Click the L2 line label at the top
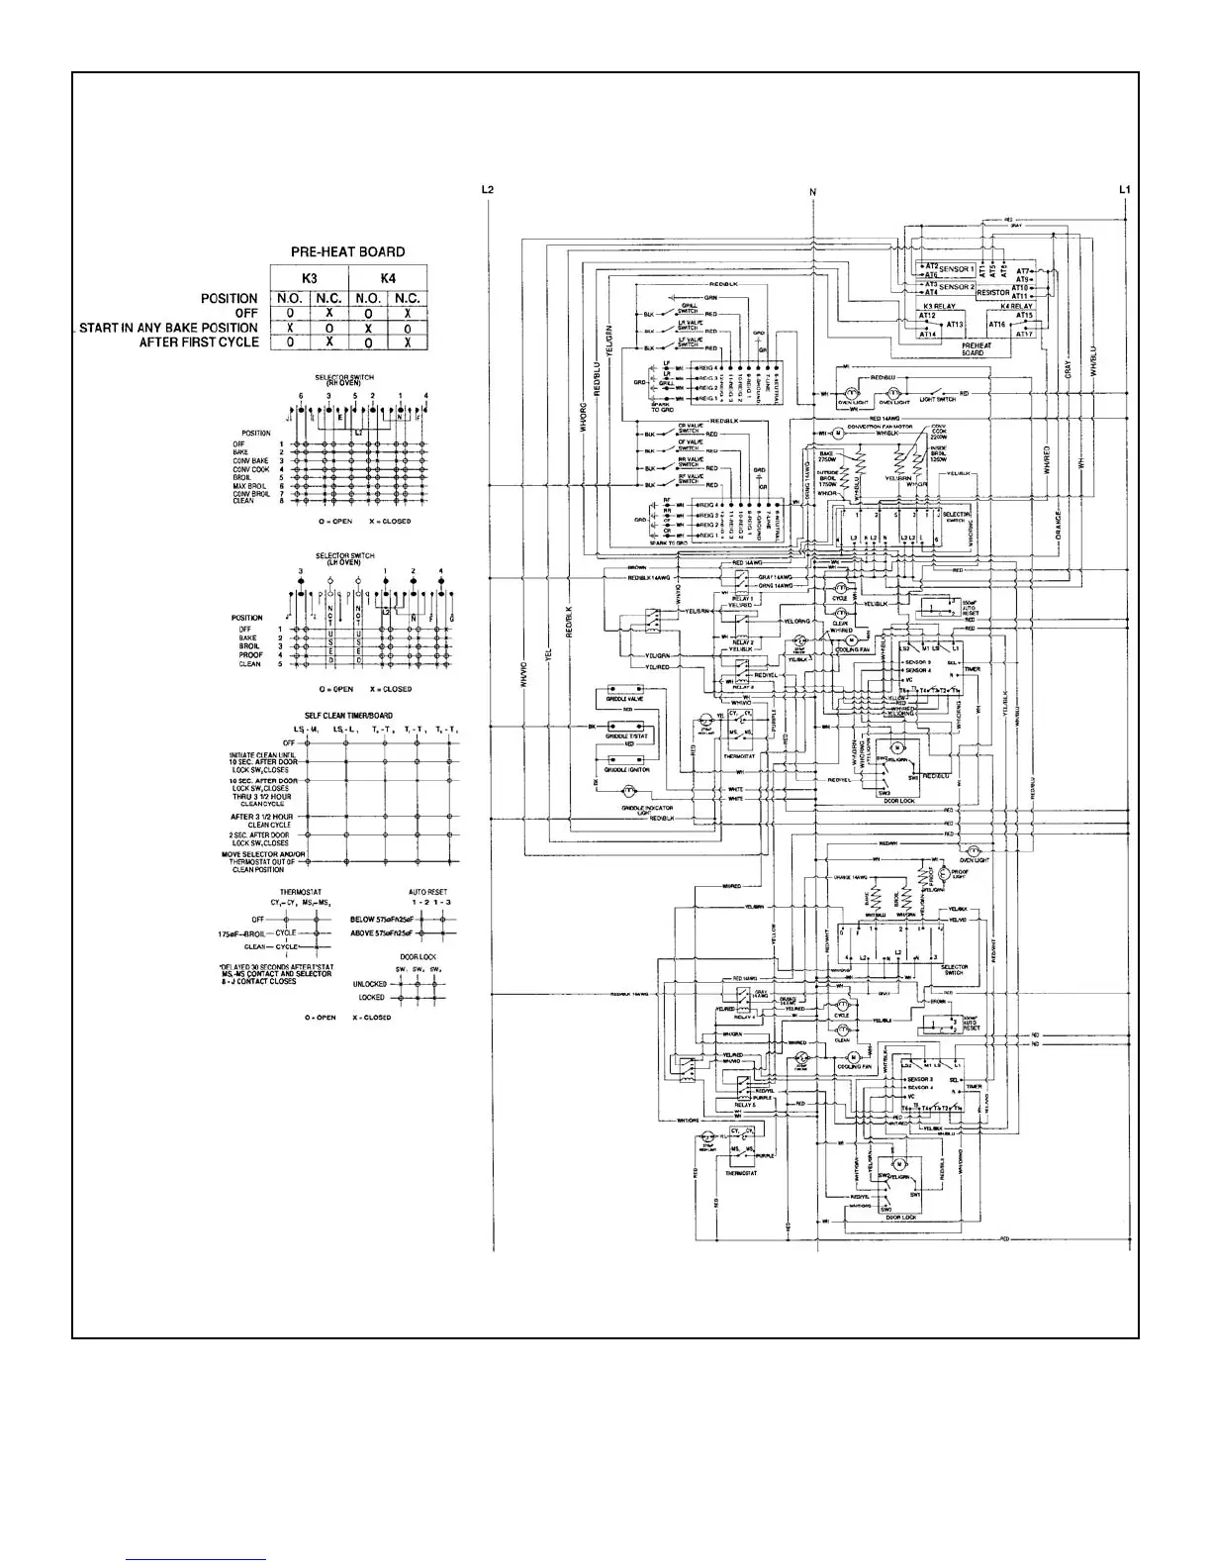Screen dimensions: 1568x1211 coord(487,189)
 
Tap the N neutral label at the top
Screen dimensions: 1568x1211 coord(812,191)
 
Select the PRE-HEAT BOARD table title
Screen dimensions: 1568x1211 coord(347,251)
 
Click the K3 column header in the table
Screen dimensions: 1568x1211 coord(309,278)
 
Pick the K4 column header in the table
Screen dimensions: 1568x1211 coord(388,278)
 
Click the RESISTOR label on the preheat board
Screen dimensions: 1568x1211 coord(992,293)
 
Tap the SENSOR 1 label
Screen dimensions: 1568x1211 coord(955,269)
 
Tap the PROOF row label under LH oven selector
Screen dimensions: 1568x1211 coord(250,655)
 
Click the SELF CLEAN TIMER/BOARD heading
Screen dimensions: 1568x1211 coord(347,716)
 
